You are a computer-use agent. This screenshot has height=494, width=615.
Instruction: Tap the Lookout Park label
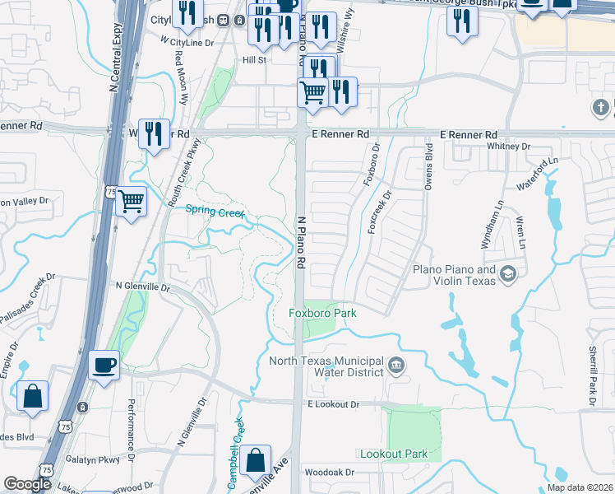coord(394,454)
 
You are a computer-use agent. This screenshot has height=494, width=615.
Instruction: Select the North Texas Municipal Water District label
coord(326,366)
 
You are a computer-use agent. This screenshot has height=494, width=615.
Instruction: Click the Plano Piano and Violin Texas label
coord(454,275)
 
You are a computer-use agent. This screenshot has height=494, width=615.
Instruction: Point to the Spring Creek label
coord(215,212)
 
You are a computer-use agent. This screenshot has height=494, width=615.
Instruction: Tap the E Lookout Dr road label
coord(334,404)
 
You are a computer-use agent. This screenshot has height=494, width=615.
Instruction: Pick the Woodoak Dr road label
coord(329,473)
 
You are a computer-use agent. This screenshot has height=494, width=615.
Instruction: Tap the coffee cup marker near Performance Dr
coord(104,366)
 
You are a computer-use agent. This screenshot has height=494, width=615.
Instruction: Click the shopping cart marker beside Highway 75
coord(132,200)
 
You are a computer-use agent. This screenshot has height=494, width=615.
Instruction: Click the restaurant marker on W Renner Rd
coord(154,133)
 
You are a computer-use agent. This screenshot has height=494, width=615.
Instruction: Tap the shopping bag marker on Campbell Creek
coord(257,462)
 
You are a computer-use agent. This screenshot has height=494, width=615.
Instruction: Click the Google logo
coord(27,484)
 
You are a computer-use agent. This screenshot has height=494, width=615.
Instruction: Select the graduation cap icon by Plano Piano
coord(508,274)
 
